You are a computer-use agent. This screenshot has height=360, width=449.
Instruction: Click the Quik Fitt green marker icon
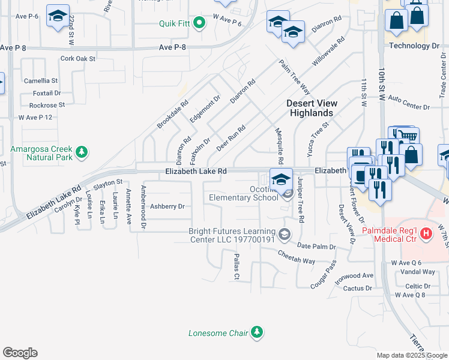coord(201,23)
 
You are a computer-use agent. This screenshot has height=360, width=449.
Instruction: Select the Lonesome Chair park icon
coord(257,332)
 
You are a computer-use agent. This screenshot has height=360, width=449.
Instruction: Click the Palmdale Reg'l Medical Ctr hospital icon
coord(426,233)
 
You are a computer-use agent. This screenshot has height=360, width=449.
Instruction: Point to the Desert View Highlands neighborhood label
coord(311,108)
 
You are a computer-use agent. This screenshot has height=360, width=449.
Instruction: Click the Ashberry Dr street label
coord(167,206)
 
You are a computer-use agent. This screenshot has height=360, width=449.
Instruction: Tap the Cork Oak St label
coord(78,59)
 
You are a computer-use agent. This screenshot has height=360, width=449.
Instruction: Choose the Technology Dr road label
coord(414,46)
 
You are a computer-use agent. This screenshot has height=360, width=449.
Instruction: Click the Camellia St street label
coord(41,80)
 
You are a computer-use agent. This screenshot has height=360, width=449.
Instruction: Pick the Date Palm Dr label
coord(316,247)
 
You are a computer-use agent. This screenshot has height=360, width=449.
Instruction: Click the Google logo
coord(20,353)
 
